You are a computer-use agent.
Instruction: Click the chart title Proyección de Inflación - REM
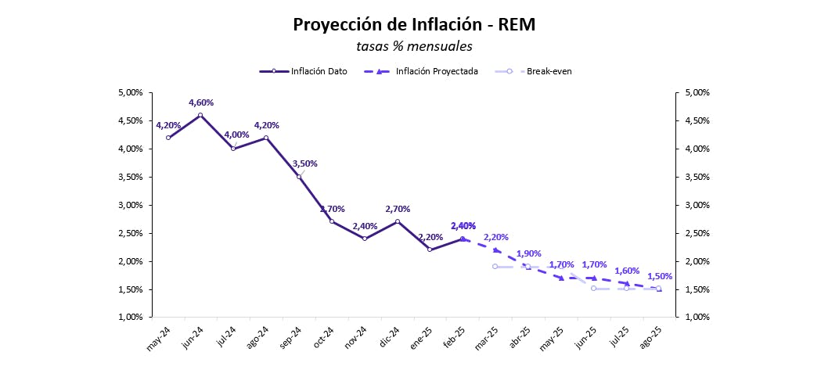414,24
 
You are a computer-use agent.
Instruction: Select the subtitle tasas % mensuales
414,46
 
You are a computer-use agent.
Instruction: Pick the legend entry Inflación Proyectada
437,71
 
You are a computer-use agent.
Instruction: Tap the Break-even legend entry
549,71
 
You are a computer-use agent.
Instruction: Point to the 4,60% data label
201,102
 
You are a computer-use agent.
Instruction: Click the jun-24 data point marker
201,115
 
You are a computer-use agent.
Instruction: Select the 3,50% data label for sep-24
305,163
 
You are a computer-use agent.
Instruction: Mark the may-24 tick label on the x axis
160,339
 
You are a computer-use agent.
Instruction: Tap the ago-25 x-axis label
651,339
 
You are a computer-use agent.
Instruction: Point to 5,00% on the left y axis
129,92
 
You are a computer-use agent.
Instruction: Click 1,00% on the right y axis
697,318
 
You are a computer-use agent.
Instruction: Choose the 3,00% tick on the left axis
129,205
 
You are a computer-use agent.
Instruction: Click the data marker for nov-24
365,239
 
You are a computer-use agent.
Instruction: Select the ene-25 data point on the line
430,250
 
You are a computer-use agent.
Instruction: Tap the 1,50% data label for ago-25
660,276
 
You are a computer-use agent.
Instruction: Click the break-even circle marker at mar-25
495,267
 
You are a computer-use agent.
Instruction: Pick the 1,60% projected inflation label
628,271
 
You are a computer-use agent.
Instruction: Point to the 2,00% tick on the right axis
697,261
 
